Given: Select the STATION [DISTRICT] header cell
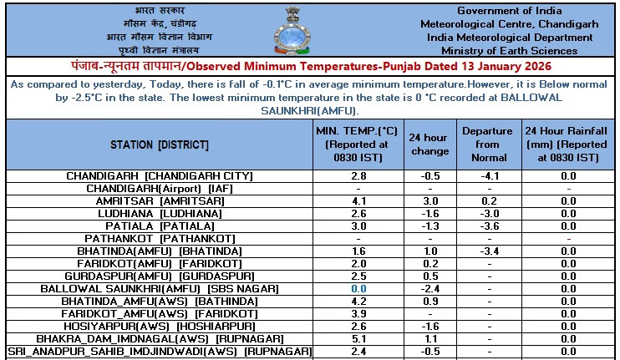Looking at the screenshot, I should click(159, 145).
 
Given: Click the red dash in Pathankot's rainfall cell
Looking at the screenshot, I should click(568, 239).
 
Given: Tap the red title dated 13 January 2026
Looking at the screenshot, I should click(310, 66).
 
